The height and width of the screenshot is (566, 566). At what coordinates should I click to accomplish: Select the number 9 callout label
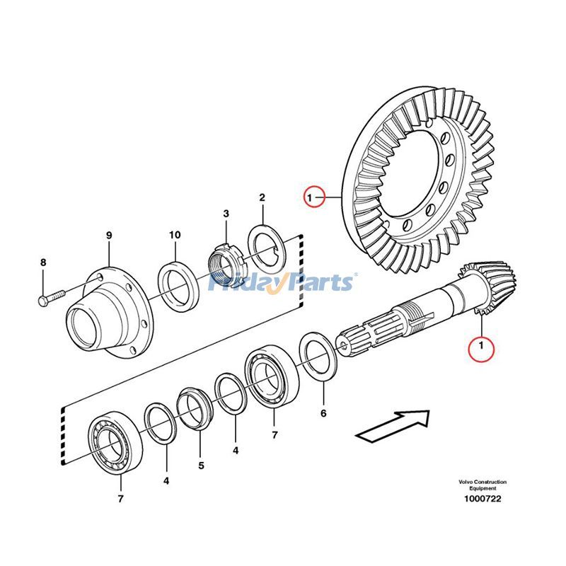click(109, 235)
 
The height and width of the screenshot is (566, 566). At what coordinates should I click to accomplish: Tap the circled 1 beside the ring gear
click(314, 196)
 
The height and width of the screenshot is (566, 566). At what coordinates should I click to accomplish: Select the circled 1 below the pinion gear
click(482, 347)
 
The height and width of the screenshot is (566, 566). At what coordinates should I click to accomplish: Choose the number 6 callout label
click(323, 412)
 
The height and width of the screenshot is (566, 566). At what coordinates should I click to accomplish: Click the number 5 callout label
click(200, 466)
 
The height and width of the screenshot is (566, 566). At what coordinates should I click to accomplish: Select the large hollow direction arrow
click(393, 426)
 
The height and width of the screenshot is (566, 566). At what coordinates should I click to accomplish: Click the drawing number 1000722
click(482, 499)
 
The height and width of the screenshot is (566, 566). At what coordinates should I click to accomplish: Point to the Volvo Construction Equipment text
click(482, 485)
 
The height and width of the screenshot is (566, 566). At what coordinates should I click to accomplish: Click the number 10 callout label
click(175, 235)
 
